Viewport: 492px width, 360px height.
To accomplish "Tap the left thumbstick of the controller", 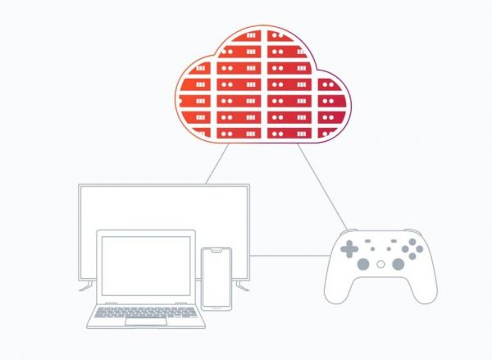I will tap(362, 264).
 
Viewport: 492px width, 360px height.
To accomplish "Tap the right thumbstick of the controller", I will tap(398, 264).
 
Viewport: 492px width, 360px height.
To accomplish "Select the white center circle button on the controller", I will tap(380, 264).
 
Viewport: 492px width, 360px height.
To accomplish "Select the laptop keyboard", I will tap(145, 311).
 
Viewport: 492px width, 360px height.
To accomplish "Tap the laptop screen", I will tap(145, 266).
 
